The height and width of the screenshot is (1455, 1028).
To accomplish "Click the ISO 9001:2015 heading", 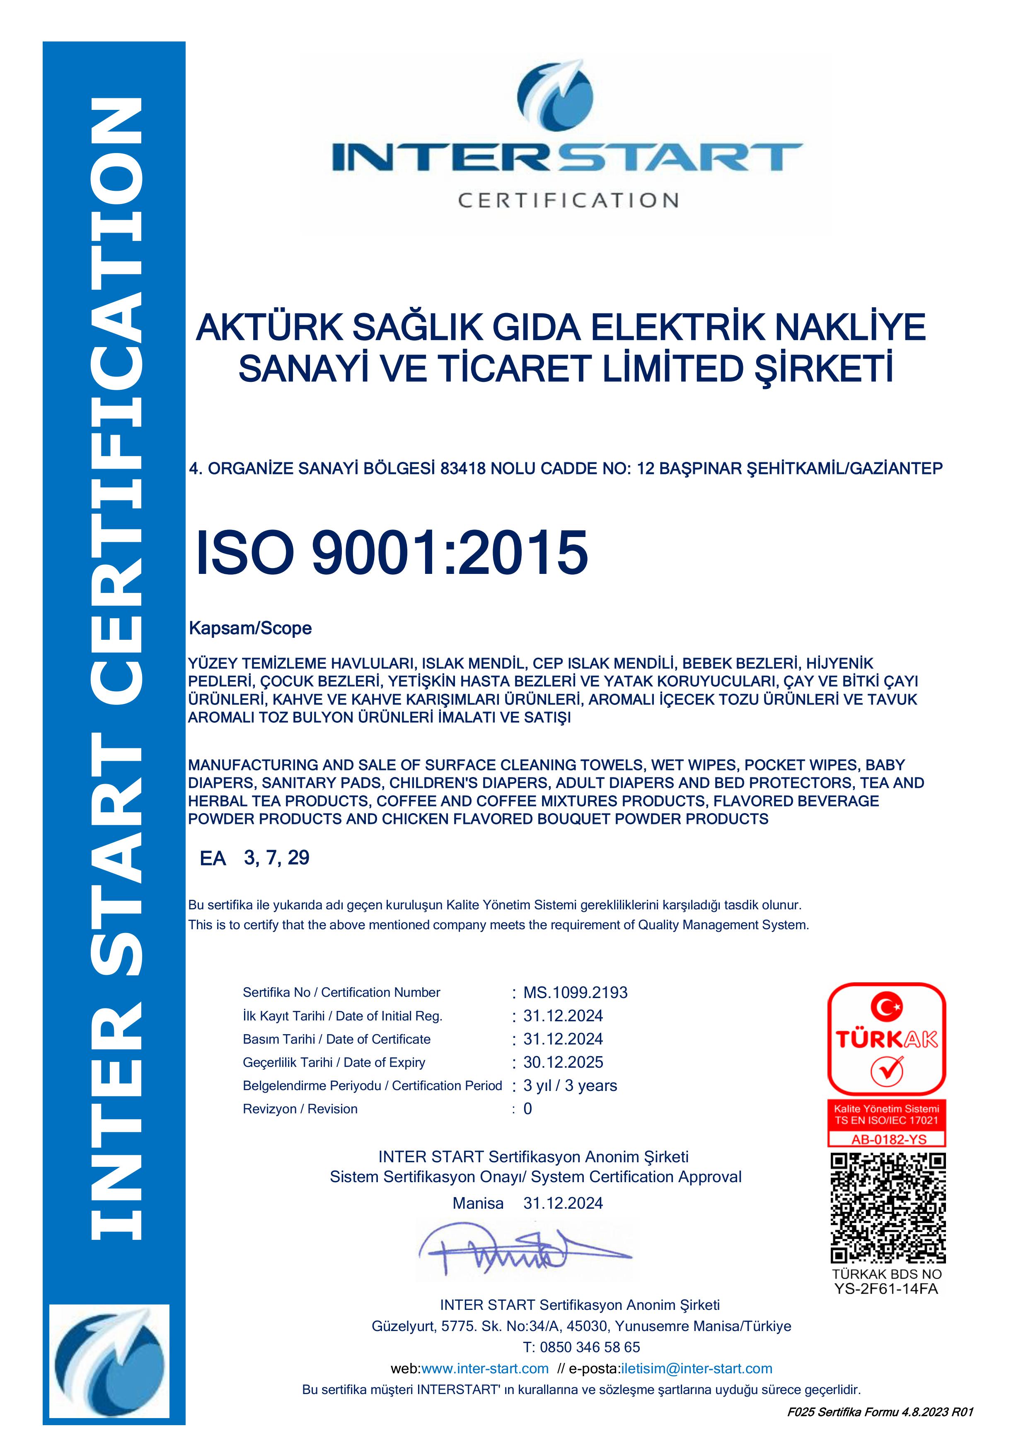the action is pos(392,553).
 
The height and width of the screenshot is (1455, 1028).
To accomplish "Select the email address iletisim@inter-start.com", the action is pos(697,1368).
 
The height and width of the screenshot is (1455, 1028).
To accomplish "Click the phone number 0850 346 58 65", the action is pos(590,1347).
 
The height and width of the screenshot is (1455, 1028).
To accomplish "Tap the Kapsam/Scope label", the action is pos(250,628).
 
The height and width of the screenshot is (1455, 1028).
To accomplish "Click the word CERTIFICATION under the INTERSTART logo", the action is pos(568,200).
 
